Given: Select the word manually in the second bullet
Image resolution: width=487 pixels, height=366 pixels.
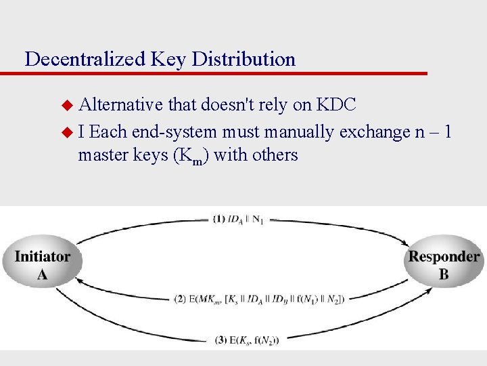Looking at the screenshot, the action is click(300, 131).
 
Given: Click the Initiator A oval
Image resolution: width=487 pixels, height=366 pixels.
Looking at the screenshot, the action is click(42, 265).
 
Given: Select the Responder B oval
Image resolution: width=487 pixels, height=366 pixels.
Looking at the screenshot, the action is click(444, 265).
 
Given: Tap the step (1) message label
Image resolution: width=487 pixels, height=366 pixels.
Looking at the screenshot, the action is click(238, 220).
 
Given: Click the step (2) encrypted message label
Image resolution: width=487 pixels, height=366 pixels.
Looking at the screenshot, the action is click(259, 298).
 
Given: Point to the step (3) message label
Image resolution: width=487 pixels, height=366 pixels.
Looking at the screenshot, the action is click(246, 340).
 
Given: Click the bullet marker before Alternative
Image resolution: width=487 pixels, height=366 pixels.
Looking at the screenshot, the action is click(66, 106).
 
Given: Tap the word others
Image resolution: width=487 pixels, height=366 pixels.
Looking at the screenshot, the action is click(275, 155).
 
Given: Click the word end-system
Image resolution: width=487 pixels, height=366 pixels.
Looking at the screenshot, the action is click(174, 131).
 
